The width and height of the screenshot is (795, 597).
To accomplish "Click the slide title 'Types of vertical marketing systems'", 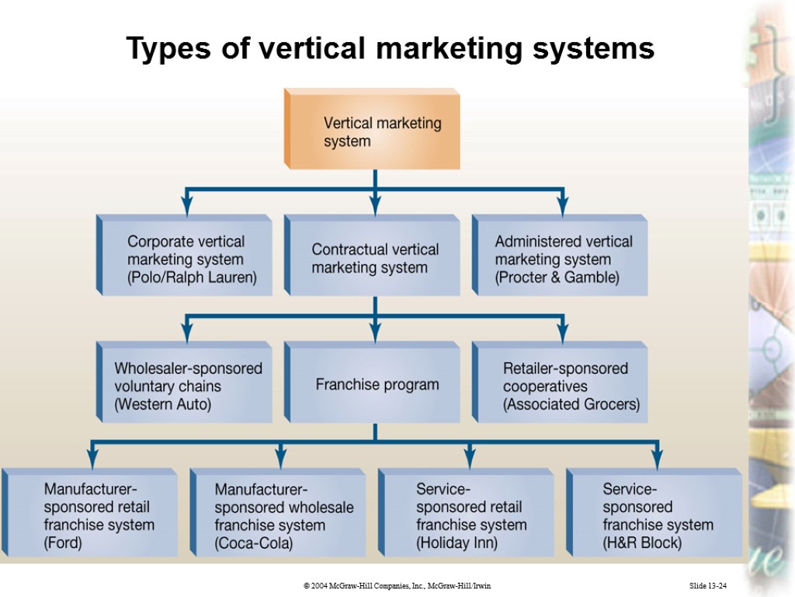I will (x=391, y=49).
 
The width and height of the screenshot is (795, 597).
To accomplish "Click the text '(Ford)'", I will (x=63, y=543).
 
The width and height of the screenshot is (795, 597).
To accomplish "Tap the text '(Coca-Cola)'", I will (x=254, y=543).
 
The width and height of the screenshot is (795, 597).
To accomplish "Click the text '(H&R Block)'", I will (x=642, y=543).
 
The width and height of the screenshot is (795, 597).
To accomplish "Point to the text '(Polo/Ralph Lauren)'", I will (x=192, y=277).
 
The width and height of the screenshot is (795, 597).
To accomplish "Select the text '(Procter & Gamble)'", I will (x=557, y=278).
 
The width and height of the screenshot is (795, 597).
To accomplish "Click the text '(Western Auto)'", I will (x=162, y=404).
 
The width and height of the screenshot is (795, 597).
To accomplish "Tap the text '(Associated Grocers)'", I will (x=571, y=404).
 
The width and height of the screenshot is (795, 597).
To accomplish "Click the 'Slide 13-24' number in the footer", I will (x=712, y=585).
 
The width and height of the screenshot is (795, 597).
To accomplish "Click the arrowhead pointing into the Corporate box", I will (x=186, y=208).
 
